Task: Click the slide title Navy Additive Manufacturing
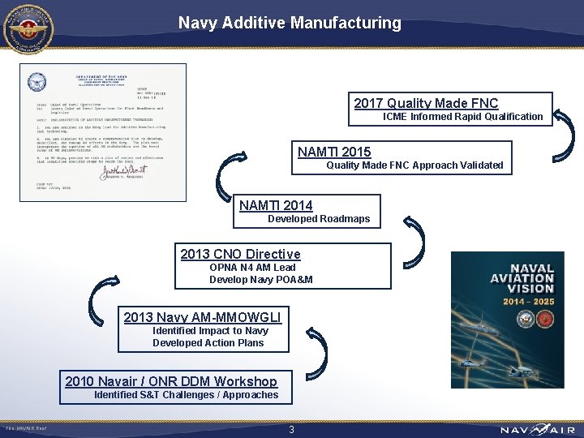click(290, 24)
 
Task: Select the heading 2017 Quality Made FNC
click(426, 103)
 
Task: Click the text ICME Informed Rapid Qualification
click(462, 117)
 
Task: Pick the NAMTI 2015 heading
click(334, 152)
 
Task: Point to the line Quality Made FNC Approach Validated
click(414, 165)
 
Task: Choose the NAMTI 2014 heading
click(276, 205)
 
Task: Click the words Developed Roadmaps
click(319, 219)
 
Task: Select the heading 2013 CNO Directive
click(240, 254)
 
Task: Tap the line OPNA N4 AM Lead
click(252, 268)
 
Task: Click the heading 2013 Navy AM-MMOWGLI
click(202, 317)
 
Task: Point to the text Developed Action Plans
click(208, 343)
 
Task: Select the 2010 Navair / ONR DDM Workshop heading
click(170, 381)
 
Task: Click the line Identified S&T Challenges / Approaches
click(186, 395)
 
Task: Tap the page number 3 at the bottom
click(291, 430)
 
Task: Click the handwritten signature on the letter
click(124, 166)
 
